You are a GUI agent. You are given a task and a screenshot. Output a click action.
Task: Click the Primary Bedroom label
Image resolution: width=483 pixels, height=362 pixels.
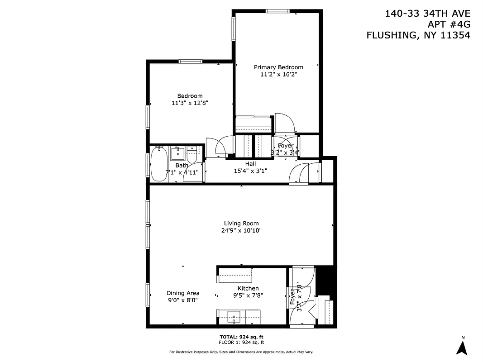tap(278, 67)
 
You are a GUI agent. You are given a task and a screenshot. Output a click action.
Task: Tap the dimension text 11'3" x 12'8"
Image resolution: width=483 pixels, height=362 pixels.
tap(190, 103)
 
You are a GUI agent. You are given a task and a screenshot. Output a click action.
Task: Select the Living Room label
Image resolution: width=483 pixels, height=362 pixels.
tap(241, 223)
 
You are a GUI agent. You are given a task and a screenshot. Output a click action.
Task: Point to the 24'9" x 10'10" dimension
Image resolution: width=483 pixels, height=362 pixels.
tap(241, 230)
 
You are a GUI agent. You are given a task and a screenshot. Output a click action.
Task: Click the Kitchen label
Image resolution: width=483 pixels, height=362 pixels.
tap(248, 288)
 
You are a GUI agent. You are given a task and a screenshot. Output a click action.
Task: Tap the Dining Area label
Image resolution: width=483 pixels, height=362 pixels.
tap(183, 293)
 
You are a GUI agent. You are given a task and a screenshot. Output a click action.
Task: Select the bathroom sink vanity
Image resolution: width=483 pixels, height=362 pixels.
tap(178, 153)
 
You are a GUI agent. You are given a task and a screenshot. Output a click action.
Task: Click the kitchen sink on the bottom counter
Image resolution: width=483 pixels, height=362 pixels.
tap(235, 316)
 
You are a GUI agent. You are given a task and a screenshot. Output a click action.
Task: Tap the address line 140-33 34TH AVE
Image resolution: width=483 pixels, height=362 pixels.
tap(427, 14)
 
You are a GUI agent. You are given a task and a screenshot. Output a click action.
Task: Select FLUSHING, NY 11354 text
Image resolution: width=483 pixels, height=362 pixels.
tap(418, 35)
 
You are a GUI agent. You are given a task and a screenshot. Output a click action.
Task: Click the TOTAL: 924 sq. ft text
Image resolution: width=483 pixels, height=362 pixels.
tap(241, 337)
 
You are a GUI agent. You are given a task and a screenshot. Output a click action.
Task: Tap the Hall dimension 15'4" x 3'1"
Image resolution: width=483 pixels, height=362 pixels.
tap(250, 171)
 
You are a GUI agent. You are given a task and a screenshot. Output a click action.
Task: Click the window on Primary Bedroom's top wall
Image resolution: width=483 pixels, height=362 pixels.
tap(277, 11)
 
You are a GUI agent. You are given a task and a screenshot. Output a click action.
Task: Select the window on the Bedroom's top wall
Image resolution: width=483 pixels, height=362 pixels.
tap(190, 62)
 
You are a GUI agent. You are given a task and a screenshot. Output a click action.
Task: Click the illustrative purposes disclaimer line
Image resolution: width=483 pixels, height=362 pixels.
tap(241, 352)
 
